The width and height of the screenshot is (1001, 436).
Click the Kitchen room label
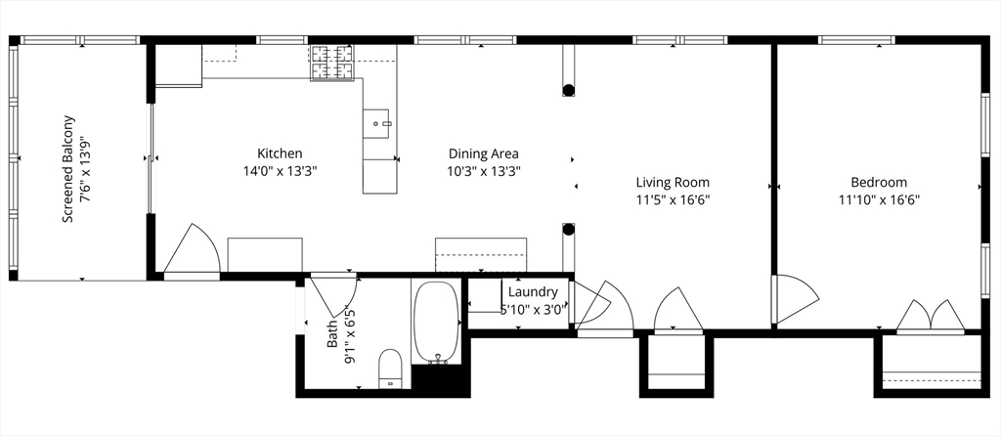pyautogui.click(x=280, y=153)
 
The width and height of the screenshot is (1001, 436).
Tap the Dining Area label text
pyautogui.click(x=483, y=153)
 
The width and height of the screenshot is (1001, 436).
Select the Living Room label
pyautogui.click(x=673, y=183)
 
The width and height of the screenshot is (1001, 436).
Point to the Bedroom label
pyautogui.click(x=879, y=183)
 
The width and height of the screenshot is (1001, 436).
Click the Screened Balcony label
pyautogui.click(x=67, y=169)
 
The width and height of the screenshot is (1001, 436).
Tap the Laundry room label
pyautogui.click(x=533, y=292)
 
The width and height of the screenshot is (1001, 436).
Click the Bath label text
pyautogui.click(x=332, y=334)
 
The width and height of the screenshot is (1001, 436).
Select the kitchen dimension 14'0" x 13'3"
pyautogui.click(x=280, y=170)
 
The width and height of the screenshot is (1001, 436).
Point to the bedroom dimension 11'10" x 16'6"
pyautogui.click(x=879, y=199)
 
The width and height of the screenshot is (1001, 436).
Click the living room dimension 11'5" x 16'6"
pyautogui.click(x=673, y=199)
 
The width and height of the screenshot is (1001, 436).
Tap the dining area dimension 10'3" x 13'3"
pyautogui.click(x=483, y=170)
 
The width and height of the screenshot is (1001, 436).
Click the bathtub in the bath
pyautogui.click(x=435, y=323)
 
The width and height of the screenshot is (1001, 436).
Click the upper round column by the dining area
pyautogui.click(x=568, y=90)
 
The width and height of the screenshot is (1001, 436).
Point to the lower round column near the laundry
pyautogui.click(x=568, y=229)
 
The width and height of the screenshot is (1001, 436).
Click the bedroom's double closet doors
pyautogui.click(x=931, y=317)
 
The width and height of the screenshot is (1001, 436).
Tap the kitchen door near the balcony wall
pyautogui.click(x=192, y=251)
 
